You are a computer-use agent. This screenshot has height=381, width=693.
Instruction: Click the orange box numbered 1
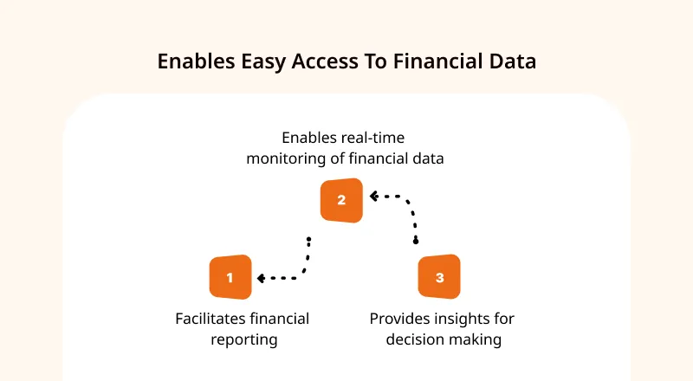click(x=230, y=277)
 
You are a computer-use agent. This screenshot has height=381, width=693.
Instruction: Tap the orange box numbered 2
click(x=341, y=200)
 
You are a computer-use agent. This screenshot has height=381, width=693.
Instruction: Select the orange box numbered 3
click(x=439, y=277)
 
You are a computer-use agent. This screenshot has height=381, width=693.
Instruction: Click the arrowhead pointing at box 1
click(x=261, y=278)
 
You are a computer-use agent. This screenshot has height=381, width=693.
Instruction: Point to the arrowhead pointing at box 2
click(x=374, y=196)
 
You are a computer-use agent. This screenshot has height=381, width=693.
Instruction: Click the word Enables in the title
click(x=197, y=61)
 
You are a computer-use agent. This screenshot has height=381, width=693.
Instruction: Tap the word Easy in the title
click(x=263, y=61)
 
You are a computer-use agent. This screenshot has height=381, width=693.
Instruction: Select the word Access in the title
click(x=325, y=61)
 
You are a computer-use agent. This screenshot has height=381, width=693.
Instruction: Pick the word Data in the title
click(x=513, y=61)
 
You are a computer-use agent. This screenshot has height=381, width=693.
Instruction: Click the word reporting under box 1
click(x=244, y=340)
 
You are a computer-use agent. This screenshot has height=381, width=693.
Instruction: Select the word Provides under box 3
click(x=400, y=319)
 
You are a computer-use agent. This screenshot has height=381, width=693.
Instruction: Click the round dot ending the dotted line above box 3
click(x=416, y=242)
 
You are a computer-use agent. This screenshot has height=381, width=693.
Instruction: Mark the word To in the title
click(x=376, y=61)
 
